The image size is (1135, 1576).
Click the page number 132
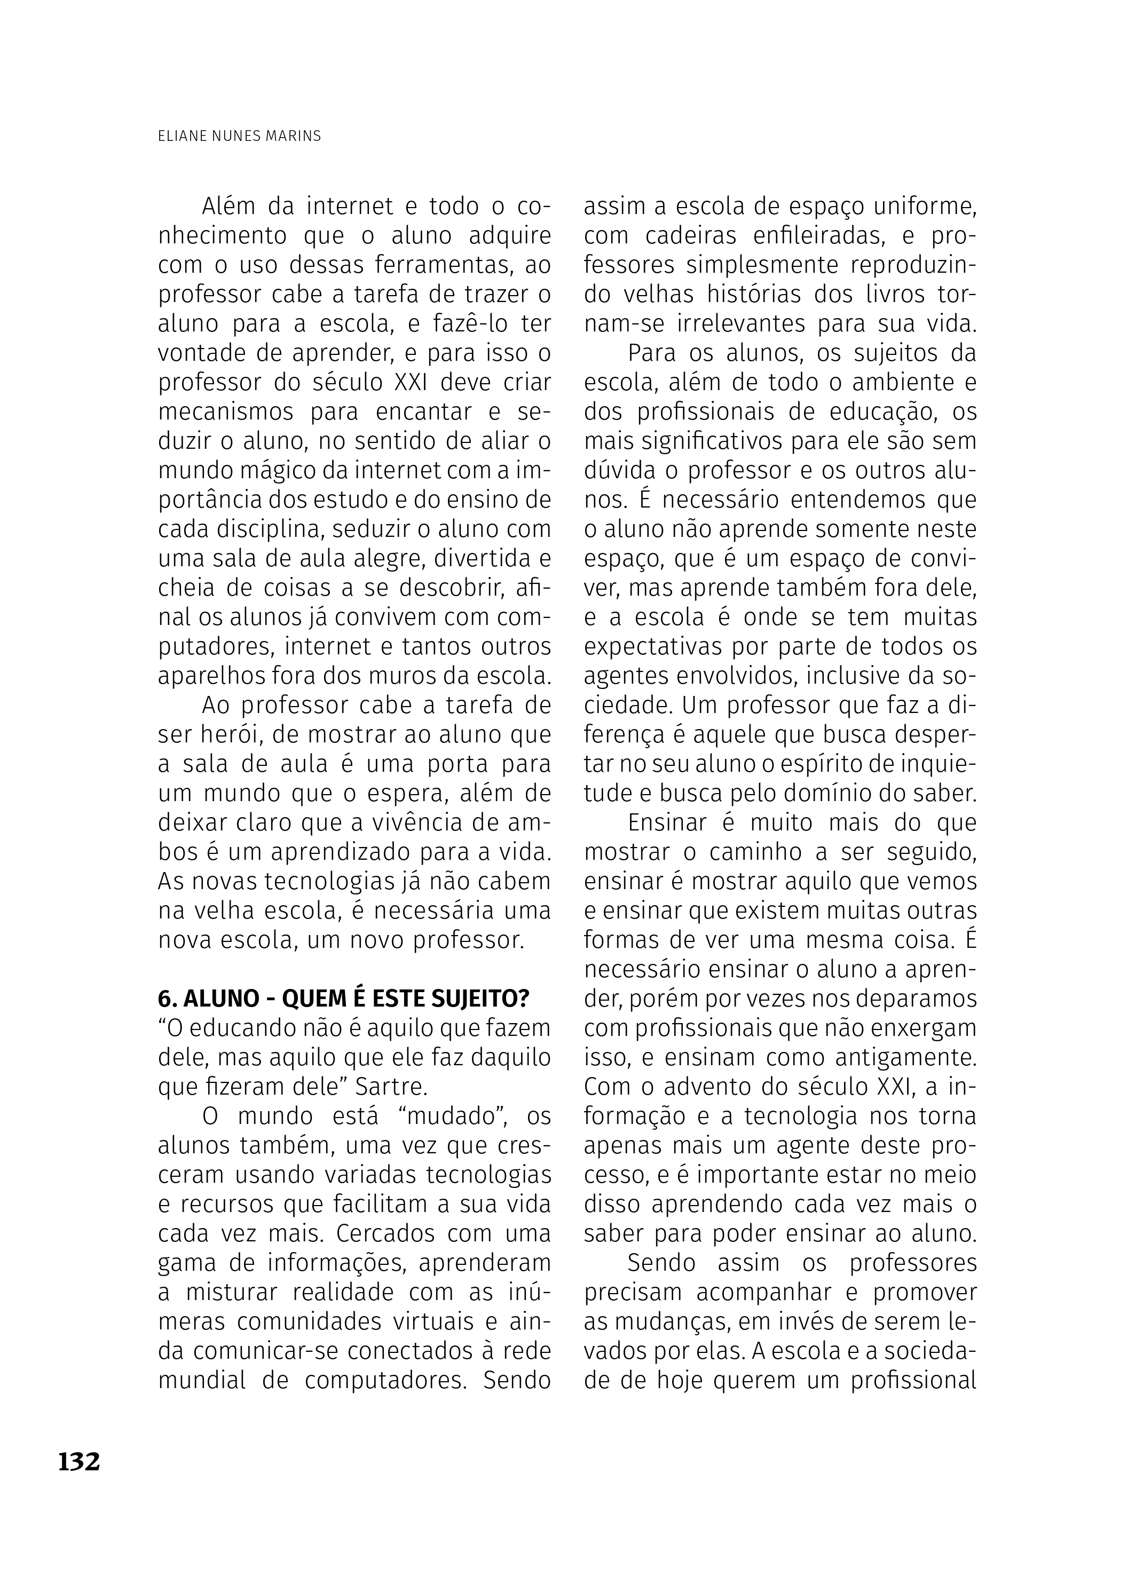coord(79,1461)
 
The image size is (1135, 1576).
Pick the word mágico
coord(274,470)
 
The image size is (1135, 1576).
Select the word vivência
coord(399,823)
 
